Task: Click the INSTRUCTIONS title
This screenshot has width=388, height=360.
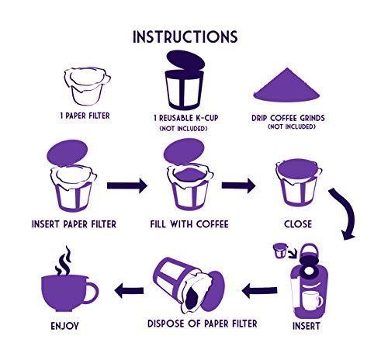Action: [185, 37]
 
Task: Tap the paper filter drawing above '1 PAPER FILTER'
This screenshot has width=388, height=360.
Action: [87, 86]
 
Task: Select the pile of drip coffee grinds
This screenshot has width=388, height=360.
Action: [286, 85]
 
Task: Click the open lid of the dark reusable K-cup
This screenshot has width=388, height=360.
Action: [185, 60]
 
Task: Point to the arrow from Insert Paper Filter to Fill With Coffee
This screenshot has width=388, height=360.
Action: [127, 185]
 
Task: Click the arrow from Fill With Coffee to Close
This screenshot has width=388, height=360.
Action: [238, 185]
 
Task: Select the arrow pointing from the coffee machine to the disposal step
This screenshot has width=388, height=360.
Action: [259, 290]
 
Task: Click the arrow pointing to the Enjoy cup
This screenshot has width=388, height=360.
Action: [129, 290]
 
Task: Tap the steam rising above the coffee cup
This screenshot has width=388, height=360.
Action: [63, 261]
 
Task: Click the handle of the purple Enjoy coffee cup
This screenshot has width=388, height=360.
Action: [91, 293]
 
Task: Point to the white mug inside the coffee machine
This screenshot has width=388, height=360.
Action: [313, 300]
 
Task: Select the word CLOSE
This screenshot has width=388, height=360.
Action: [298, 224]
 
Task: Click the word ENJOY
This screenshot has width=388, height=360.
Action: [64, 326]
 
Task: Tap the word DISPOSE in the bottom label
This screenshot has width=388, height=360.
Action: [166, 324]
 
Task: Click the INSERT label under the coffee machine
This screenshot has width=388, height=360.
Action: [307, 326]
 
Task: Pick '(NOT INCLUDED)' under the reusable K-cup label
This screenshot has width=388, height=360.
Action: [183, 129]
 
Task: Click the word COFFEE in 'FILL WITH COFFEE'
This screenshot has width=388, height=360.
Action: [213, 224]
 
